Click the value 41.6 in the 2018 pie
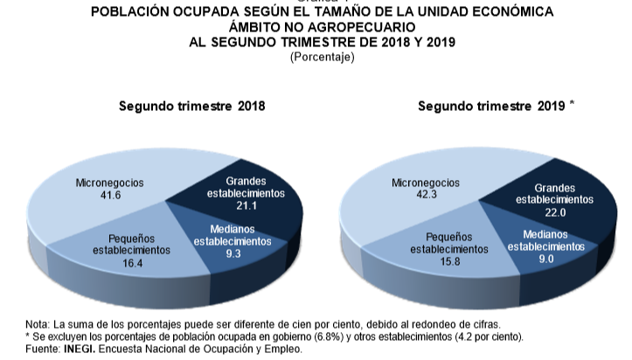click(x=109, y=196)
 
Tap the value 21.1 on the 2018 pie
click(x=246, y=206)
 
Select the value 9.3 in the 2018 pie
click(x=233, y=253)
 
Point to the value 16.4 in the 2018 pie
click(x=131, y=261)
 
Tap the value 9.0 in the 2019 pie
click(x=545, y=259)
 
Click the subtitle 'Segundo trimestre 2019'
click(x=492, y=107)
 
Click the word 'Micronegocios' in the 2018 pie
click(x=109, y=183)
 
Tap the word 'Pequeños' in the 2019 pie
click(x=449, y=236)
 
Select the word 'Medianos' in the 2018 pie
click(x=233, y=228)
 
